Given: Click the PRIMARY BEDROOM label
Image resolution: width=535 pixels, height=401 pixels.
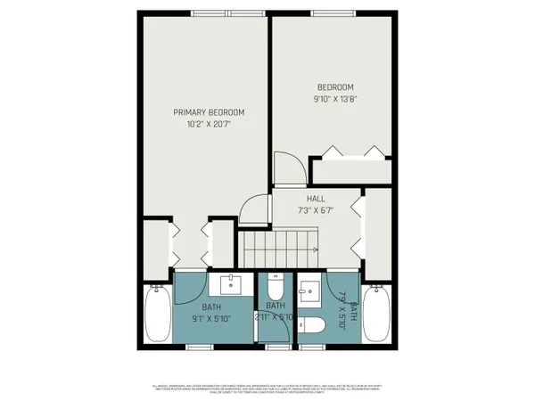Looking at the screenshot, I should (x=209, y=112).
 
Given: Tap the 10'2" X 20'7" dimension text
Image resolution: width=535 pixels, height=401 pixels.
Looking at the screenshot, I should (x=209, y=125).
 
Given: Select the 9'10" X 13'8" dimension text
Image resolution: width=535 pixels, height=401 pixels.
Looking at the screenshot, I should (x=335, y=99).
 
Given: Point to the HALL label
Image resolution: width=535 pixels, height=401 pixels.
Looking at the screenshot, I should (x=317, y=199).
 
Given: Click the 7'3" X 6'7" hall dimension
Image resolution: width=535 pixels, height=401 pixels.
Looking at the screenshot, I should (x=316, y=211).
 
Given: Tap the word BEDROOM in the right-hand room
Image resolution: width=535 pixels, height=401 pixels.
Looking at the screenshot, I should (x=335, y=86).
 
